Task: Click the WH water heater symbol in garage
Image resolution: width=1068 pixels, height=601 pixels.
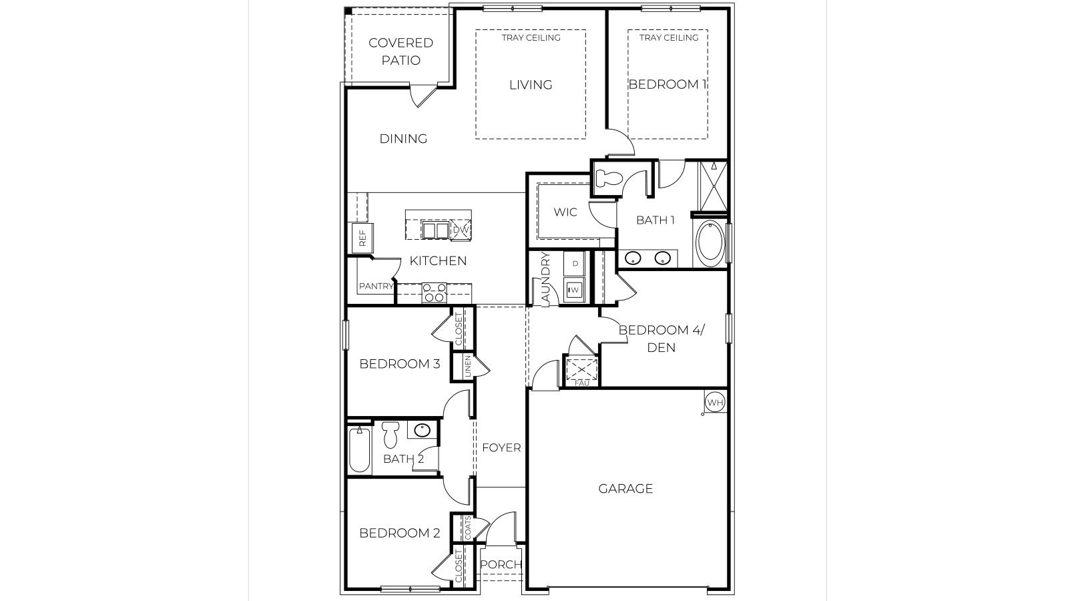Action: tap(714, 403)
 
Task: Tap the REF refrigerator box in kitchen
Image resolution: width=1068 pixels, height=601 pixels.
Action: tap(362, 238)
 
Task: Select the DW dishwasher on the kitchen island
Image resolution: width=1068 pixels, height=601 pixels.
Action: tap(461, 230)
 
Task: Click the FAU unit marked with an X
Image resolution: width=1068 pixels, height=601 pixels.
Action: tap(581, 370)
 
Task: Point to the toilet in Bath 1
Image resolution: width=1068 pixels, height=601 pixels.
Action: tap(608, 178)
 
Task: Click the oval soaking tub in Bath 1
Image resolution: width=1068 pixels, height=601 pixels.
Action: tap(710, 243)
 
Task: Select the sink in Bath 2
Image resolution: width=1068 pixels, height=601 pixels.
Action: tap(422, 431)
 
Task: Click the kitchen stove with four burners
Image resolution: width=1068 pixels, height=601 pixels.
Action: tap(434, 292)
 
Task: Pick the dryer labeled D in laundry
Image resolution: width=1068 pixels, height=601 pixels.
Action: tap(575, 263)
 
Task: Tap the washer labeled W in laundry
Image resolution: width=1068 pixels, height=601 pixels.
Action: tap(574, 290)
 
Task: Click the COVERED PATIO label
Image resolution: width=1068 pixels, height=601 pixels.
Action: tap(401, 51)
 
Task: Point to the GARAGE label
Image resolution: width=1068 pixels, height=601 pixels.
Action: tap(625, 489)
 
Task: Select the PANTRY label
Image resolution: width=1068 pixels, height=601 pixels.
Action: tap(376, 286)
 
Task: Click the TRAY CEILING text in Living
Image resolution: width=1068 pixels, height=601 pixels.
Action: tap(531, 37)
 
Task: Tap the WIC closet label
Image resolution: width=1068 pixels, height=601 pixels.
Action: tap(565, 212)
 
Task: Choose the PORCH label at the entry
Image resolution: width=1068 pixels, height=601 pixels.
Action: tap(501, 565)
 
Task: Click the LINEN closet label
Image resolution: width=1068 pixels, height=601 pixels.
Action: tap(468, 367)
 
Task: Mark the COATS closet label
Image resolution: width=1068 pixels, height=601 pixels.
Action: tap(468, 528)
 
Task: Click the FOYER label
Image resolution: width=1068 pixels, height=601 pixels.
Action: tap(501, 448)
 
